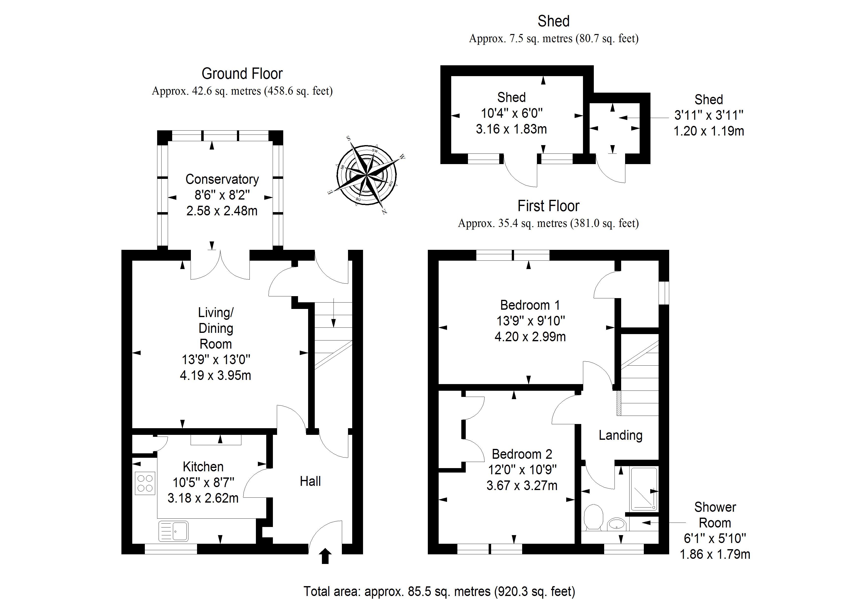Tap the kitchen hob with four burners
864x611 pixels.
pyautogui.click(x=145, y=483)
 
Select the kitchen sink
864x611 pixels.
pyautogui.click(x=173, y=531)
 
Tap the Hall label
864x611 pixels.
pyautogui.click(x=310, y=481)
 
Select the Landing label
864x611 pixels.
pyautogui.click(x=620, y=435)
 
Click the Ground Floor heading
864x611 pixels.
pyautogui.click(x=242, y=74)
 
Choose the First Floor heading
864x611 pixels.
pyautogui.click(x=548, y=206)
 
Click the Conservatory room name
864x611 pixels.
pyautogui.click(x=222, y=179)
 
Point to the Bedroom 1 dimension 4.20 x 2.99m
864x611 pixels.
pyautogui.click(x=530, y=337)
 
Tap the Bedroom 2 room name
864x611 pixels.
pyautogui.click(x=522, y=454)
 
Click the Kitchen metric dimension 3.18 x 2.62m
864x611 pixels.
pyautogui.click(x=203, y=498)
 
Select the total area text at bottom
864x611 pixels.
pyautogui.click(x=439, y=592)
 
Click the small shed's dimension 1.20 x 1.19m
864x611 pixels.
pyautogui.click(x=709, y=131)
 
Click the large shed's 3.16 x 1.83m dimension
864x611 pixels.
pyautogui.click(x=511, y=129)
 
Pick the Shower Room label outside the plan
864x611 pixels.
pyautogui.click(x=714, y=515)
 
